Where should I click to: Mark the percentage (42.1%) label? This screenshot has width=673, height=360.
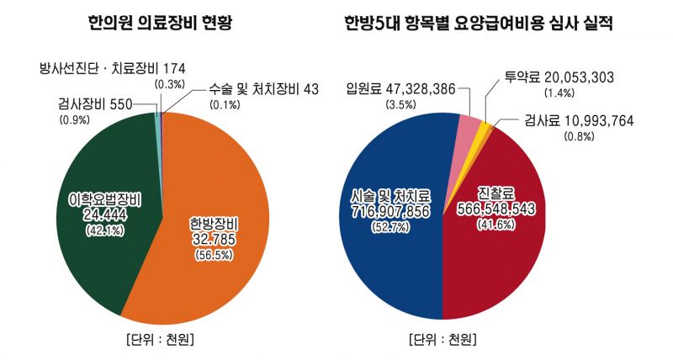[x=104, y=231]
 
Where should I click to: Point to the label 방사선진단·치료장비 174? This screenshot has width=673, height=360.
[x=113, y=66]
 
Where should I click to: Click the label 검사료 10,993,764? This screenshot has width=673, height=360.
[x=578, y=119]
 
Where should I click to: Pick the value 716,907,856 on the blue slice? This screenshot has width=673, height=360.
[x=390, y=210]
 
